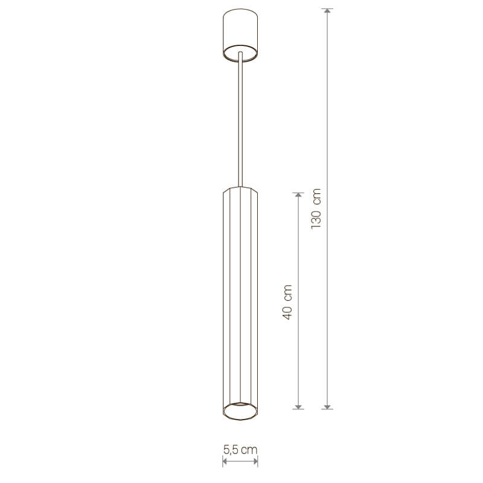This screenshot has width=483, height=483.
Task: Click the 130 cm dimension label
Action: (x=316, y=208)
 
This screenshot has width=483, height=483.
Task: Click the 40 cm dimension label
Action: (x=287, y=302)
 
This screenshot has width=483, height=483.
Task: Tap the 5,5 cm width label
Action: (x=240, y=450)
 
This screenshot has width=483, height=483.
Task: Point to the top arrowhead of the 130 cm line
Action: (x=327, y=10)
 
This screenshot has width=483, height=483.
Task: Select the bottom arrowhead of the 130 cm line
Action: (x=327, y=407)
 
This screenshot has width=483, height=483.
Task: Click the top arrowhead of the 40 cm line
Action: (x=298, y=195)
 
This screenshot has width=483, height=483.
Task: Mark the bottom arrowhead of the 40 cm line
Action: (x=298, y=407)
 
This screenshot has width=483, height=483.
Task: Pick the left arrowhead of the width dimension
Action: (x=225, y=461)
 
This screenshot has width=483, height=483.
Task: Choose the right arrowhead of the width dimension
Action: (x=255, y=461)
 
